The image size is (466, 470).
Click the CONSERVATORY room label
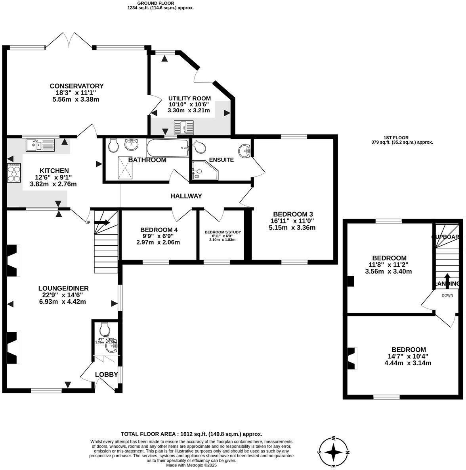76,86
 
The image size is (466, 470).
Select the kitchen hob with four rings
14,173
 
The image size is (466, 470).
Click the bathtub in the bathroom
168,148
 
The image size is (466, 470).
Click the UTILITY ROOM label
189,98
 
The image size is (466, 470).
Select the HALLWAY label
186,196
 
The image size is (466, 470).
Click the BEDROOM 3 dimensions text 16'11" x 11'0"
291,221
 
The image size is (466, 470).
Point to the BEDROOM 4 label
159,230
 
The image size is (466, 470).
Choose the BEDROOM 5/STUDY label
223,232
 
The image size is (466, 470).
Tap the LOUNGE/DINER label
63,288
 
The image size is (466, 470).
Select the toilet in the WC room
105,329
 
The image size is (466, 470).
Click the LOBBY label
107,374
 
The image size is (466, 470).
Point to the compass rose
334,452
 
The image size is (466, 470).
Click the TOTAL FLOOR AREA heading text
191,434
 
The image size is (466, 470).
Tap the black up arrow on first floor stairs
447,280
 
